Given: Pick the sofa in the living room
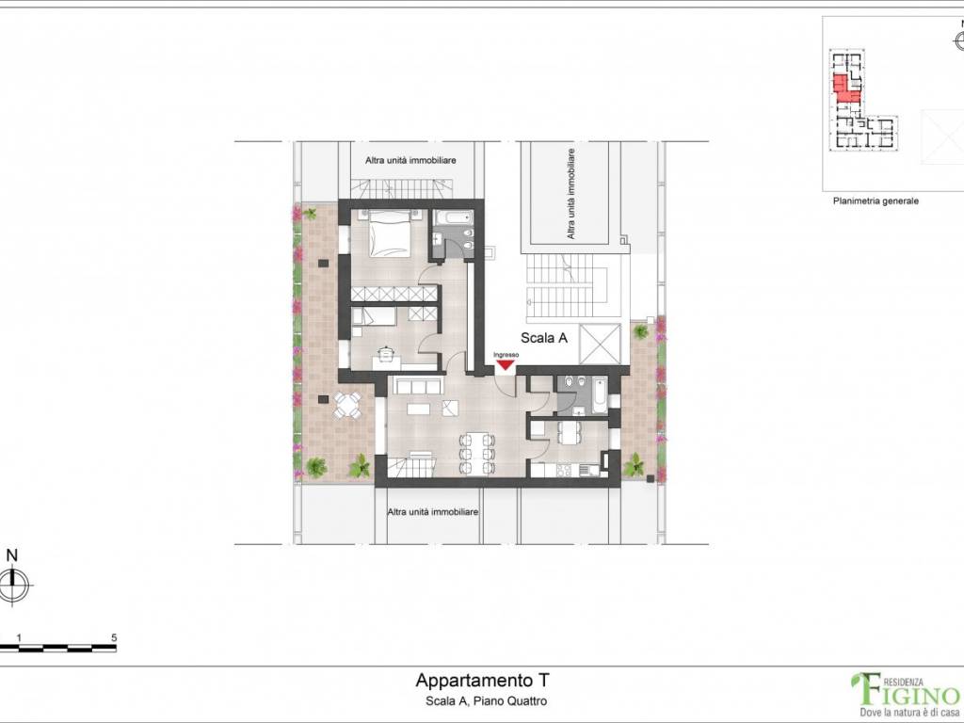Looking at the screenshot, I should (416, 387).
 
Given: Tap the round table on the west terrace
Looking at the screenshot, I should (347, 406).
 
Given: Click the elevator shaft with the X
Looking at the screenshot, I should (601, 344).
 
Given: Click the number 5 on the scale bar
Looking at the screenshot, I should (114, 637).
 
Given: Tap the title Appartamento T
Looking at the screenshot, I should (482, 680).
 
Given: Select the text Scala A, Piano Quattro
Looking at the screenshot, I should (482, 701).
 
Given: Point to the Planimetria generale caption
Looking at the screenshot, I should (875, 201).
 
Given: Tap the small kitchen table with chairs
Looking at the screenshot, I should (571, 432).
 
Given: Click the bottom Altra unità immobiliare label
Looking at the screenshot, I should (434, 510).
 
